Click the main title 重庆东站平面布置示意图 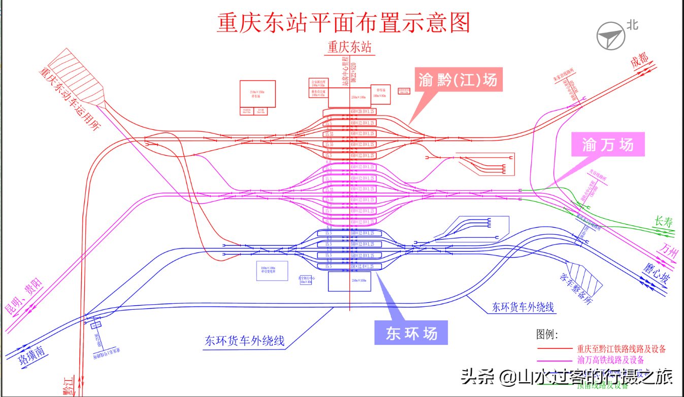pos(344,23)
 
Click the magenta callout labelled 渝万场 pos(608,145)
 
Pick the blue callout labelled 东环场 pos(411,333)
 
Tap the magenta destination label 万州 pos(667,251)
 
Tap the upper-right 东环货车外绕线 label pos(523,307)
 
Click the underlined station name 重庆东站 pos(349,47)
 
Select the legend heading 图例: pos(546,334)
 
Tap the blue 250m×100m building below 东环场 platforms pos(349,281)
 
